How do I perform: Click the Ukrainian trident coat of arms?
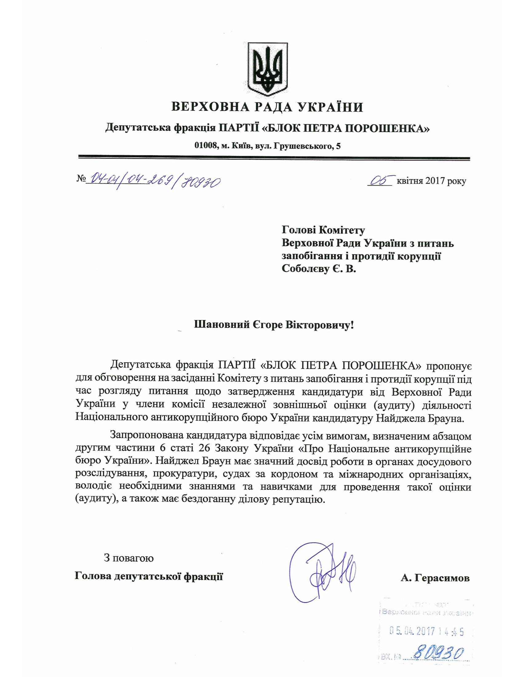pyautogui.click(x=268, y=69)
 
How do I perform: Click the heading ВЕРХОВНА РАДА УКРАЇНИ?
pyautogui.click(x=267, y=107)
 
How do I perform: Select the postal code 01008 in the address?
pyautogui.click(x=205, y=146)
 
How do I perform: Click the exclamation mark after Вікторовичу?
pyautogui.click(x=351, y=325)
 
